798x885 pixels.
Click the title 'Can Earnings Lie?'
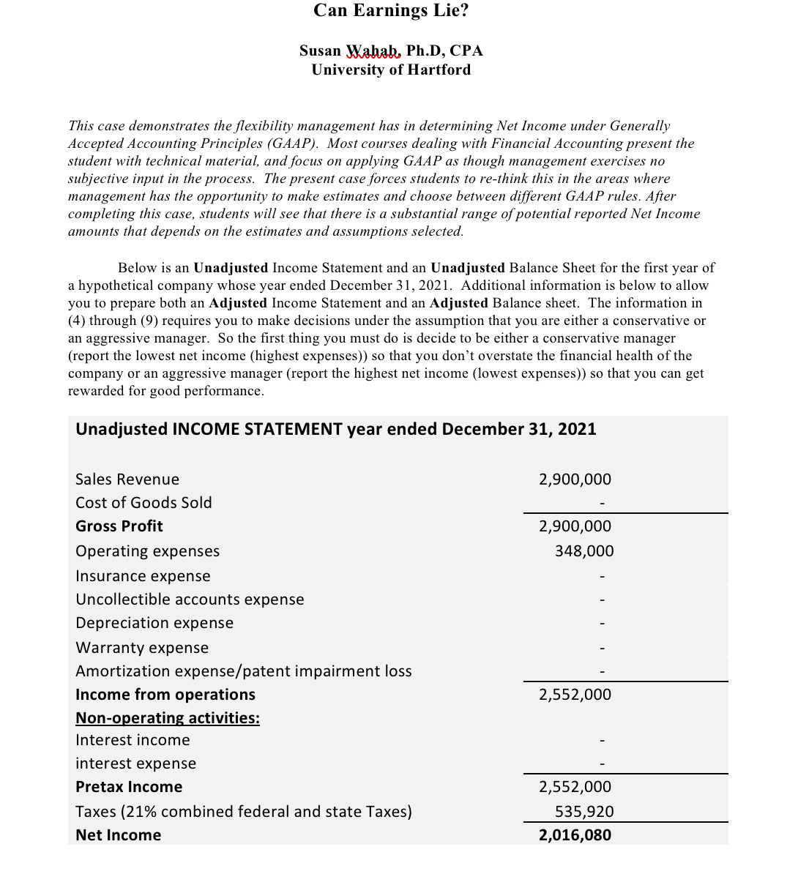(x=391, y=11)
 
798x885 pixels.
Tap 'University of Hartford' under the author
(x=391, y=70)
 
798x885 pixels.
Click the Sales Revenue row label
(x=127, y=479)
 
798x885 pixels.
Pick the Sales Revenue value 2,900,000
(x=575, y=479)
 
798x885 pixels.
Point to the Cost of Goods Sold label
(x=143, y=503)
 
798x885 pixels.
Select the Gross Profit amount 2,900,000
(x=575, y=526)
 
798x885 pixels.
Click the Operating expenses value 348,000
(x=584, y=551)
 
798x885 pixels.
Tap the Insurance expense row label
(x=143, y=576)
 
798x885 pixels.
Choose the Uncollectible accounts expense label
(x=190, y=600)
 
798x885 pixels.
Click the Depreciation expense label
(x=154, y=623)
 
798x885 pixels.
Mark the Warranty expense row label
(x=142, y=648)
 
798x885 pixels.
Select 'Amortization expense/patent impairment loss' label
(x=244, y=671)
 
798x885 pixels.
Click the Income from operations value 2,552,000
(x=575, y=695)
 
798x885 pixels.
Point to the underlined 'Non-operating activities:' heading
(x=168, y=718)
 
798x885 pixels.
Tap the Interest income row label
(x=133, y=740)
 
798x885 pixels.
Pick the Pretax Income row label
(x=129, y=787)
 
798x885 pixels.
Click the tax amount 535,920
(x=584, y=812)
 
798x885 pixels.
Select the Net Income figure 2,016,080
(x=575, y=835)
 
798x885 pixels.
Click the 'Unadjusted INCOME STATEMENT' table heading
(x=335, y=429)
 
